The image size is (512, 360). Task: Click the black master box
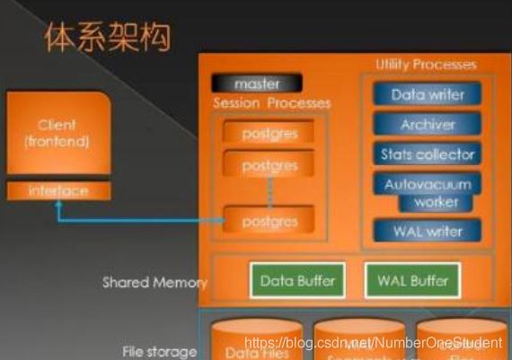tap(256, 83)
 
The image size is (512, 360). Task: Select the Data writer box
tap(427, 94)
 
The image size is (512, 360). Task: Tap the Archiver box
tap(427, 125)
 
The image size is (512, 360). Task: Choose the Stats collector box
tap(427, 154)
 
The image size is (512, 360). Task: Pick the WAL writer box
tap(427, 232)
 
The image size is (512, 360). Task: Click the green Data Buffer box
tap(297, 280)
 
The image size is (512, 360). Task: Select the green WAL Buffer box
tap(413, 280)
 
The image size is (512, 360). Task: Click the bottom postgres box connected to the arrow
tap(269, 219)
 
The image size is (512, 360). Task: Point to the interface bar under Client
tap(58, 191)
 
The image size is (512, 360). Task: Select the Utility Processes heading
tap(426, 65)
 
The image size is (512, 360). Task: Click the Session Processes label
tap(271, 103)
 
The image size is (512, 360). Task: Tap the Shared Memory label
tap(154, 282)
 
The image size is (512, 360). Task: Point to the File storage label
tap(159, 351)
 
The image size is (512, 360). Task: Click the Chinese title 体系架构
tap(108, 38)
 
